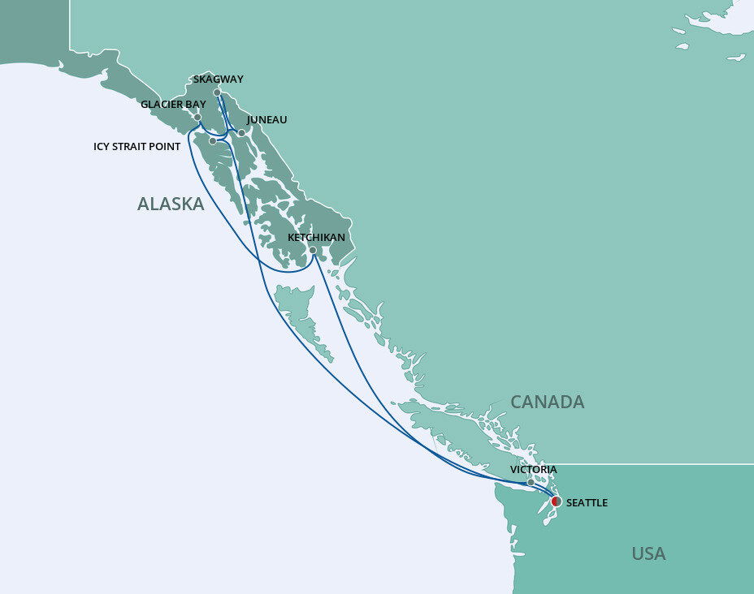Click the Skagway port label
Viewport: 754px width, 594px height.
(219, 80)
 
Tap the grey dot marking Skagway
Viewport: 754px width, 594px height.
(218, 93)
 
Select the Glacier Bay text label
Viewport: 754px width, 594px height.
(173, 105)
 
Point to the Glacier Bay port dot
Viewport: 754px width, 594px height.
(197, 117)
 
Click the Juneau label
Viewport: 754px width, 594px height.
(266, 120)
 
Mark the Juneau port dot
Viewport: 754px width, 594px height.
(241, 132)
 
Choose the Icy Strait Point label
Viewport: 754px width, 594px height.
(136, 147)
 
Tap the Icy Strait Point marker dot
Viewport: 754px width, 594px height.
(213, 141)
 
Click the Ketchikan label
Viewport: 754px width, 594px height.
(316, 238)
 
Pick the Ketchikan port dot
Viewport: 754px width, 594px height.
(313, 250)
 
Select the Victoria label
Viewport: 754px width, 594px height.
(533, 470)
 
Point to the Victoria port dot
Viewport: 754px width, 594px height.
(531, 482)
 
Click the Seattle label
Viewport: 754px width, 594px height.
(587, 503)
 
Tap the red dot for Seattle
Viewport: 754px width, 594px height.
(556, 501)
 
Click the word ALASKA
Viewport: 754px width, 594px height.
(171, 204)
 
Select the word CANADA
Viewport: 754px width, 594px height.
(547, 402)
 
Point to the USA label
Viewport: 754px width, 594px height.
(648, 554)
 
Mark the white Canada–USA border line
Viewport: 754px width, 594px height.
(650, 464)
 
